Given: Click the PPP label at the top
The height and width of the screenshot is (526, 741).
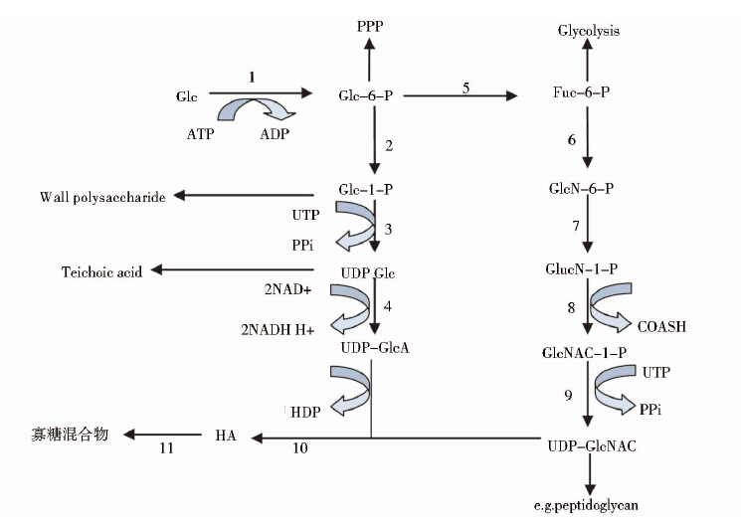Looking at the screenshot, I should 369,26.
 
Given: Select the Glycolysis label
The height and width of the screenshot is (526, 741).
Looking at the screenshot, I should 588,31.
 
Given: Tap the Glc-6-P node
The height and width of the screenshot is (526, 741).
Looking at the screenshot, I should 366,95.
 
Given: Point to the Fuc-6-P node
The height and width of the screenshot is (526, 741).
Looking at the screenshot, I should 582,92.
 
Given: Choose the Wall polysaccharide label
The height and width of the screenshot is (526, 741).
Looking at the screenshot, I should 102,196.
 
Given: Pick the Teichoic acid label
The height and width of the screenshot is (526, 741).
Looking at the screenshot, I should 101,271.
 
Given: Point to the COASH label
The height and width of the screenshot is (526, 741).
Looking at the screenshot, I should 661,326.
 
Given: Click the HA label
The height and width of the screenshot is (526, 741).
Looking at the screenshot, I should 225,435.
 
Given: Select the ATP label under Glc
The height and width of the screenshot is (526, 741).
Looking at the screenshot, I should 200,133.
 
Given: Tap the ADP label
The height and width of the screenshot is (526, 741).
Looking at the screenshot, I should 275,133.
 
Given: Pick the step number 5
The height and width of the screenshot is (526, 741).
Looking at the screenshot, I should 465,88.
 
